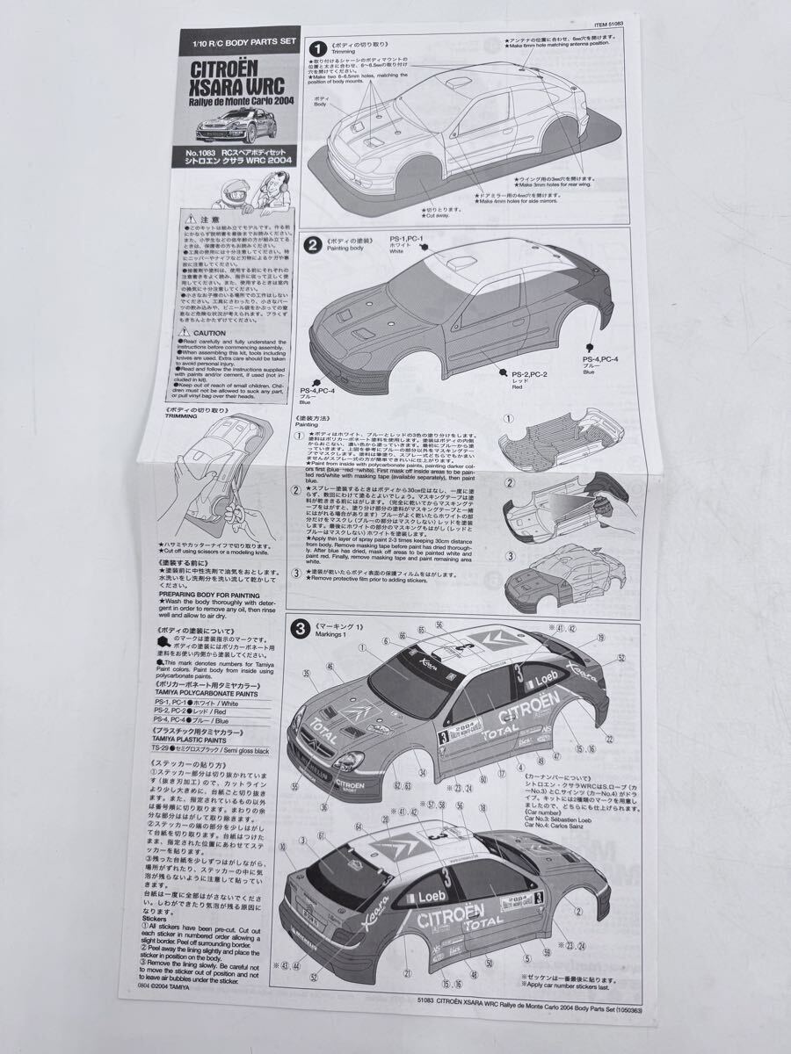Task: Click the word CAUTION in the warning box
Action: pos(211,335)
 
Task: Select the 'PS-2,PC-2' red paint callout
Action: pos(531,375)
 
